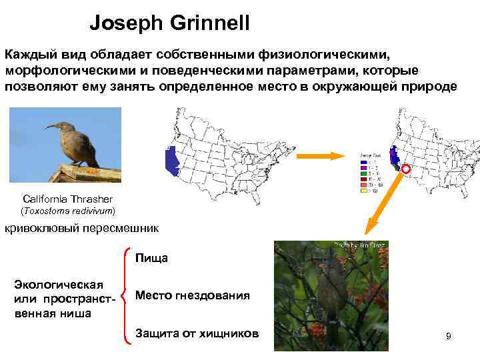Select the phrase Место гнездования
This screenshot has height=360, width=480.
pos(192,295)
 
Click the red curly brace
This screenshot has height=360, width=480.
pos(127,295)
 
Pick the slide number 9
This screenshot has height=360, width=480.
pos(449,337)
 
